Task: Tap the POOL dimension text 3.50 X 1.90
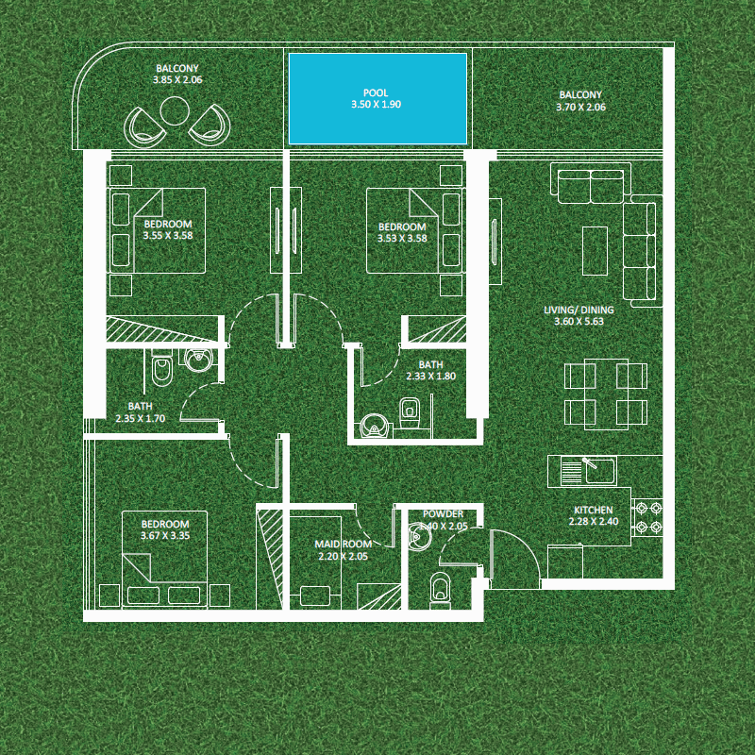click(377, 105)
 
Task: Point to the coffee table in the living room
click(594, 250)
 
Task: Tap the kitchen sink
click(585, 469)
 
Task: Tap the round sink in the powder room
click(419, 537)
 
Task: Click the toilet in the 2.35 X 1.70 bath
click(160, 369)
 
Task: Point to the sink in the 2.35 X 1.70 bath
click(199, 361)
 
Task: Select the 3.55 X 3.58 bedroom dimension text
click(168, 236)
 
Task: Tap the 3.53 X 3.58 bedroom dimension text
click(402, 239)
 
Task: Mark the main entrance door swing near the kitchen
click(514, 554)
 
